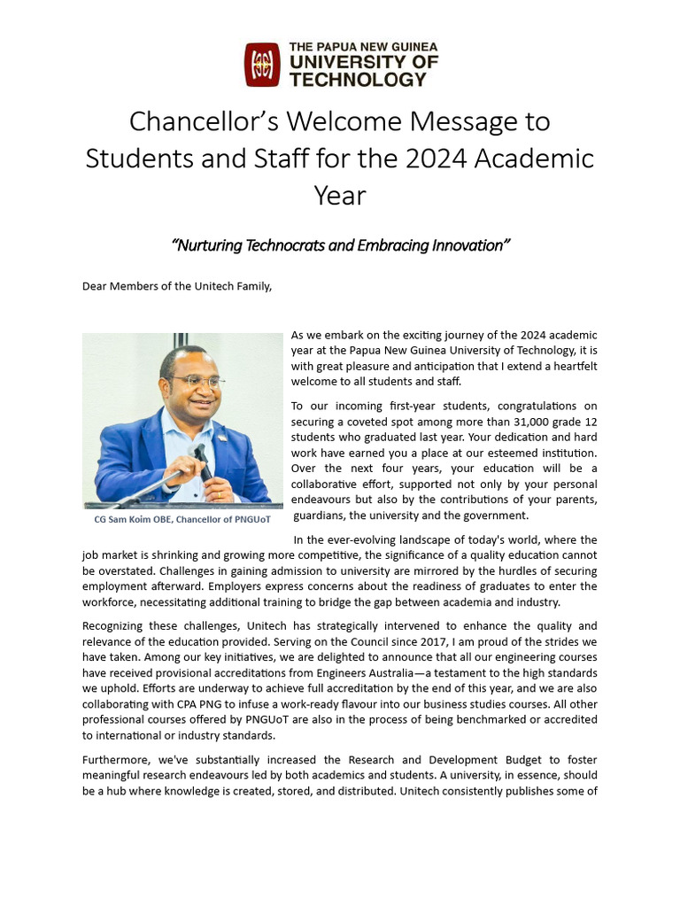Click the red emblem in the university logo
262,65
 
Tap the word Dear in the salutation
96,286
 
